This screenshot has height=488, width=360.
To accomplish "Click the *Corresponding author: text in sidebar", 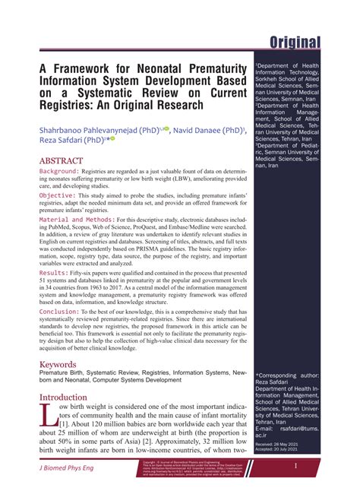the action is coord(289,376).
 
